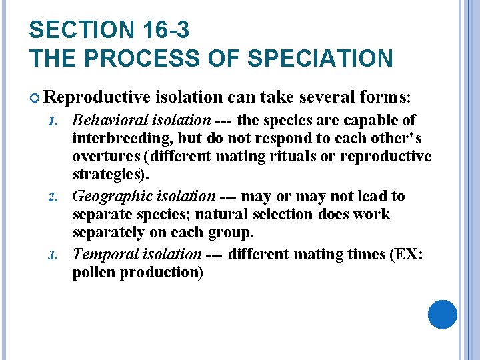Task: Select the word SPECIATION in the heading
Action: [x=320, y=58]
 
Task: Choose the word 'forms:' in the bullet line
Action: [x=387, y=97]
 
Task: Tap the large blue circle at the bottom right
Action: [x=442, y=315]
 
